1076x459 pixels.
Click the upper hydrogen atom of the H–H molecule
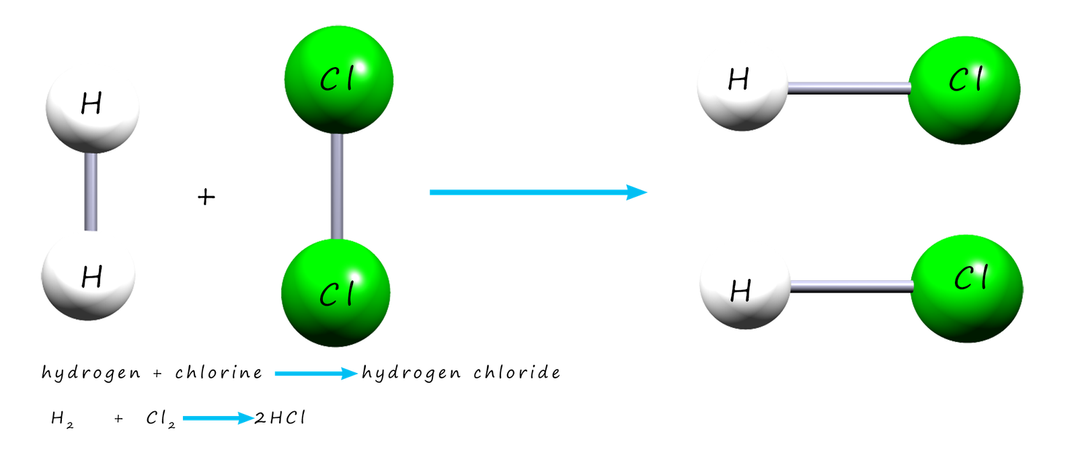tap(92, 108)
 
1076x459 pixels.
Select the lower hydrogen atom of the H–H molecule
tap(88, 276)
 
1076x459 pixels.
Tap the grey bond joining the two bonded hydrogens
tap(91, 192)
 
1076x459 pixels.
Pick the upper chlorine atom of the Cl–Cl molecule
tap(338, 79)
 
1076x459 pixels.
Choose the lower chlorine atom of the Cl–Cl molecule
tap(336, 293)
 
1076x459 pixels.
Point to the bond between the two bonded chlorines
tap(337, 187)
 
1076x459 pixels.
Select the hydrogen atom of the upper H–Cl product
tap(742, 85)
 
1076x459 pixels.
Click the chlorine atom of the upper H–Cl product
tap(964, 89)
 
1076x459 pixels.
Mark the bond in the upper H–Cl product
tap(849, 87)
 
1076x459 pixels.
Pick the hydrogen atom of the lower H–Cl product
tap(744, 284)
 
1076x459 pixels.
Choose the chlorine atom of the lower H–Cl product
tap(967, 288)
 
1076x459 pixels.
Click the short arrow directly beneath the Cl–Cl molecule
tap(316, 373)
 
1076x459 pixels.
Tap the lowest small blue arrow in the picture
tap(219, 419)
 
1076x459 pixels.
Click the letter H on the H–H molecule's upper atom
tap(91, 104)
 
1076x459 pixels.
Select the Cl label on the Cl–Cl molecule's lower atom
tap(336, 294)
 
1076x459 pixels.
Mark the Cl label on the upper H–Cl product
tap(965, 81)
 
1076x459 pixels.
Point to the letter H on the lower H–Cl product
tap(740, 291)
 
